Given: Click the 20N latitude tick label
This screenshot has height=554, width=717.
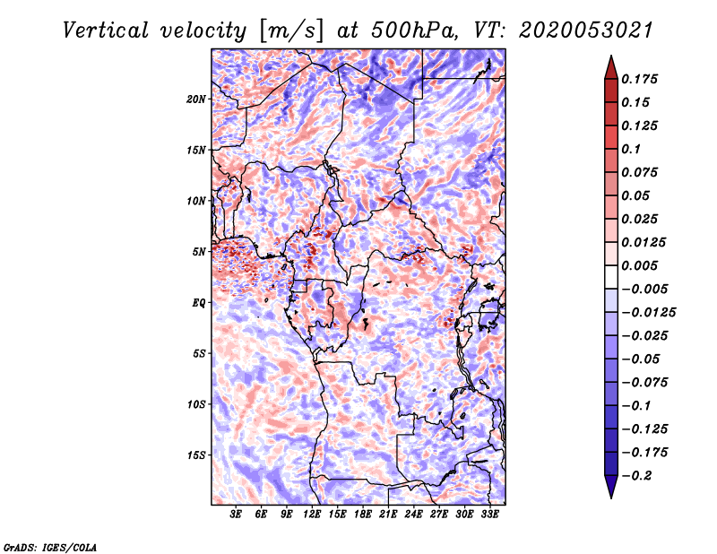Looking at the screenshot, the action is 196,100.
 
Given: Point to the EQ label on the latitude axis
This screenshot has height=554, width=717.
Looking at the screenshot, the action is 199,303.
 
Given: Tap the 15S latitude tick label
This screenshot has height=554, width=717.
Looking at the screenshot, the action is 196,455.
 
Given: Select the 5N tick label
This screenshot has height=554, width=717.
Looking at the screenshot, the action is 199,252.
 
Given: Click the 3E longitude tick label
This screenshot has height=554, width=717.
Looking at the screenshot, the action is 236,515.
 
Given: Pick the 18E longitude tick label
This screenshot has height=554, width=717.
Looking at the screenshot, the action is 363,515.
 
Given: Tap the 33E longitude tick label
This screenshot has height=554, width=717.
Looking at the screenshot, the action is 489,515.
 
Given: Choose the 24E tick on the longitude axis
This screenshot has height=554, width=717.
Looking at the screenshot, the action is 413,515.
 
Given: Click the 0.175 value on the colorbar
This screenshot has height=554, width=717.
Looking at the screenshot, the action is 639,79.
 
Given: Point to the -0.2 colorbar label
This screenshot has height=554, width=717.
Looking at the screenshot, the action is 636,476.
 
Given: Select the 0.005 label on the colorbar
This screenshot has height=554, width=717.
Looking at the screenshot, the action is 639,265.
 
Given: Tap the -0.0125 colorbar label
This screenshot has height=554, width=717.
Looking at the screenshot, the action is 648,313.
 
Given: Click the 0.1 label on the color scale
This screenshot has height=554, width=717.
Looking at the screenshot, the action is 631,149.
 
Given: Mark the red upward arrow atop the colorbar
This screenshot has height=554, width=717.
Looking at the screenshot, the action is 611,67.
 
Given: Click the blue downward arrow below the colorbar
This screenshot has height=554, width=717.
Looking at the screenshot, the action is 611,487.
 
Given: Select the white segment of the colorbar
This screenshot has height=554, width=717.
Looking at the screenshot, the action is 611,277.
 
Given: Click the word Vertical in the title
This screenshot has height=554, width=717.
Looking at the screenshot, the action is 106,30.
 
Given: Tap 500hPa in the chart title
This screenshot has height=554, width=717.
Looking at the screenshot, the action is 413,30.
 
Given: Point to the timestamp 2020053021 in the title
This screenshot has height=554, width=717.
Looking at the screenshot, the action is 585,30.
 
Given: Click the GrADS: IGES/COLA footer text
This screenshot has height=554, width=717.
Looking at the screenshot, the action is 50,547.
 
